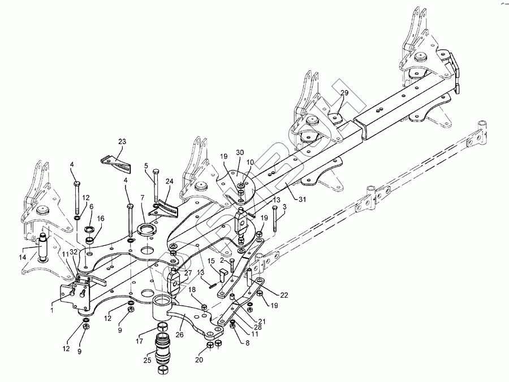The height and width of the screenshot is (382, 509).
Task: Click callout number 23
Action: [123, 141]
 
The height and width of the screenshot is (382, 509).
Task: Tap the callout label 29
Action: [344, 92]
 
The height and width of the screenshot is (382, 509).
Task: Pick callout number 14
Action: [23, 257]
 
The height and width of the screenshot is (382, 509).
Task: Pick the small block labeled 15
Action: [222, 276]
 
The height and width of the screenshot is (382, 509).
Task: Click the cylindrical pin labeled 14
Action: [41, 249]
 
